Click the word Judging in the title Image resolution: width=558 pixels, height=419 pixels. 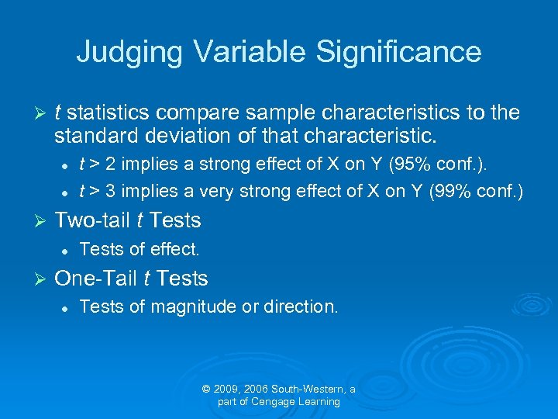tap(129, 52)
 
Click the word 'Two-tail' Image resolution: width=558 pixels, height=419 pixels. tap(91, 220)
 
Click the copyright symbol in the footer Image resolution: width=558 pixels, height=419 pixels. tap(206, 389)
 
